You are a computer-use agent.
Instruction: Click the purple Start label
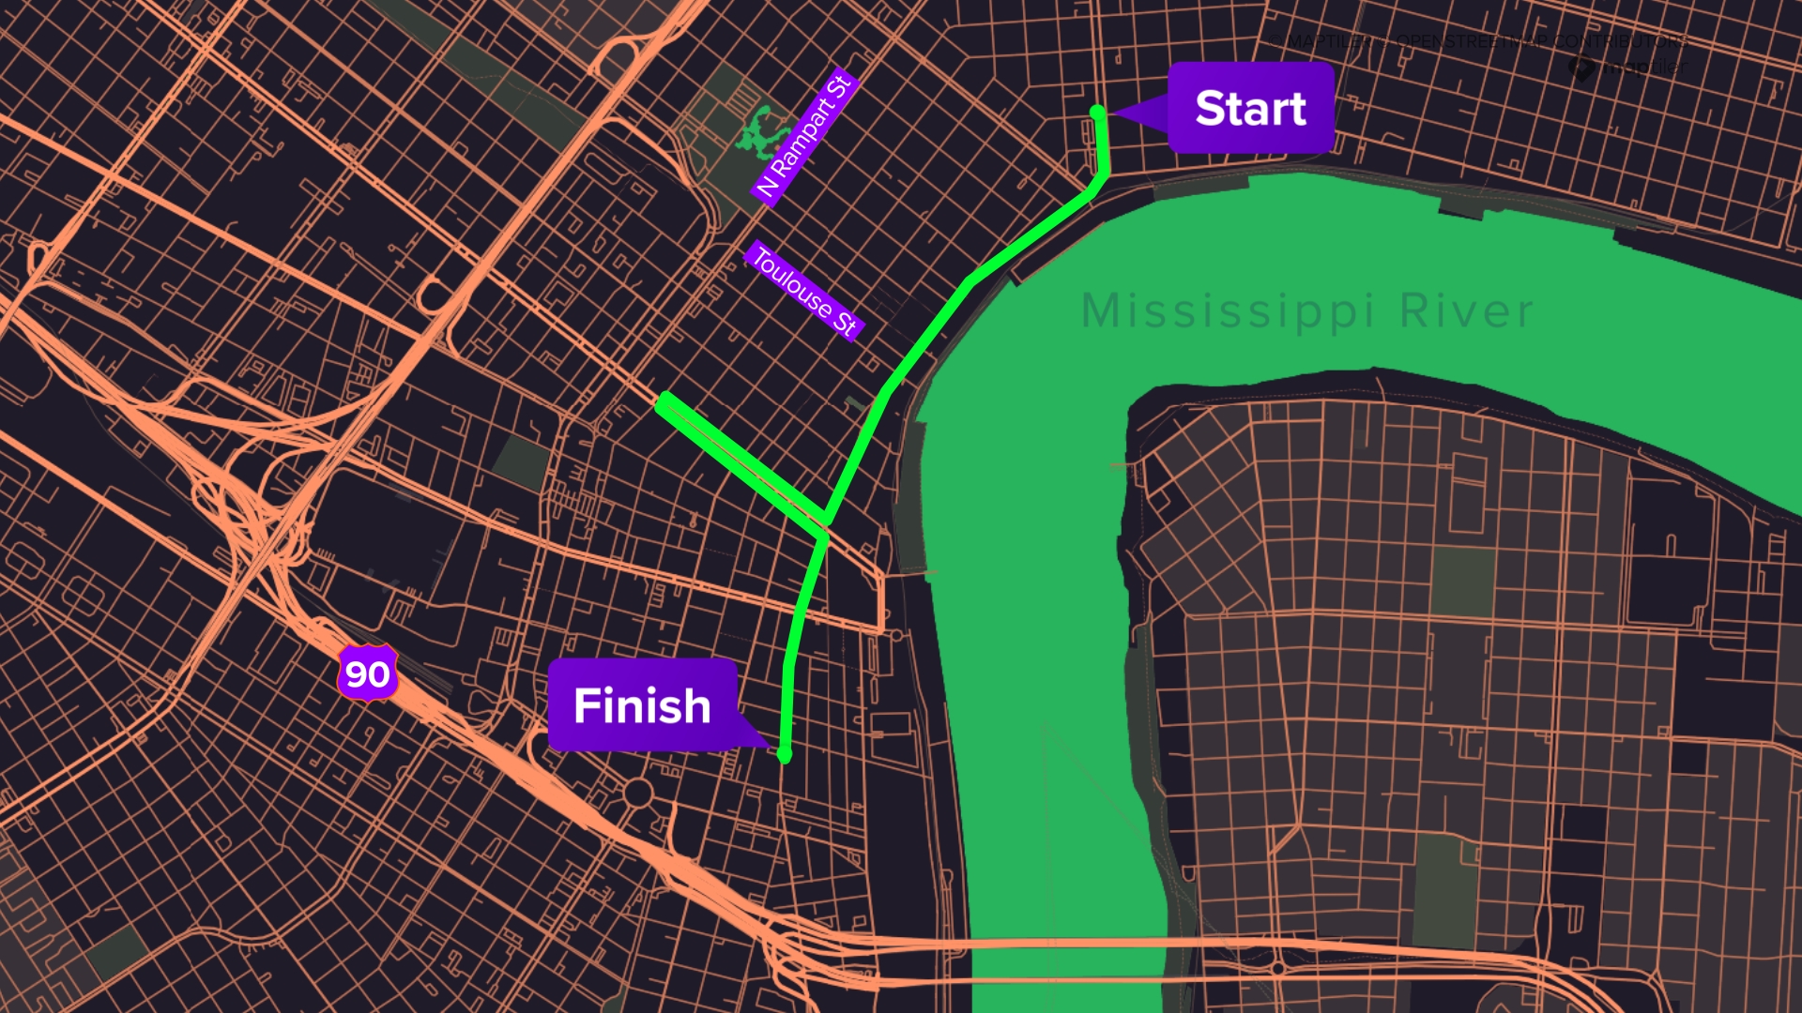coord(1250,108)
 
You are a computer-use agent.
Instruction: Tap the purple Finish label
coord(642,705)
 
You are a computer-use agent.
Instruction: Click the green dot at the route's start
coord(1097,113)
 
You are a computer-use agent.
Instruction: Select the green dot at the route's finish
coord(785,755)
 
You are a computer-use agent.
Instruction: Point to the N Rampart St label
coord(805,135)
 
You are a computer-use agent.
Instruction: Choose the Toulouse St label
coord(803,291)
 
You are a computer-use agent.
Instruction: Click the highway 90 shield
coord(368,673)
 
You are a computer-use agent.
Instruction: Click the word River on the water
coord(1466,311)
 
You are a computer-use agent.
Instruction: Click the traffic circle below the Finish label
coord(638,793)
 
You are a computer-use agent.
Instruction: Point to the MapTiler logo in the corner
coord(1628,68)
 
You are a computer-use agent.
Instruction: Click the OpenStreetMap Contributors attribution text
coord(1539,41)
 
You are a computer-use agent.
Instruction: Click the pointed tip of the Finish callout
coord(770,747)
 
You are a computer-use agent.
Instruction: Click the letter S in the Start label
coord(1213,108)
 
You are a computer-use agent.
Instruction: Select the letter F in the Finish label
coord(588,705)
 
